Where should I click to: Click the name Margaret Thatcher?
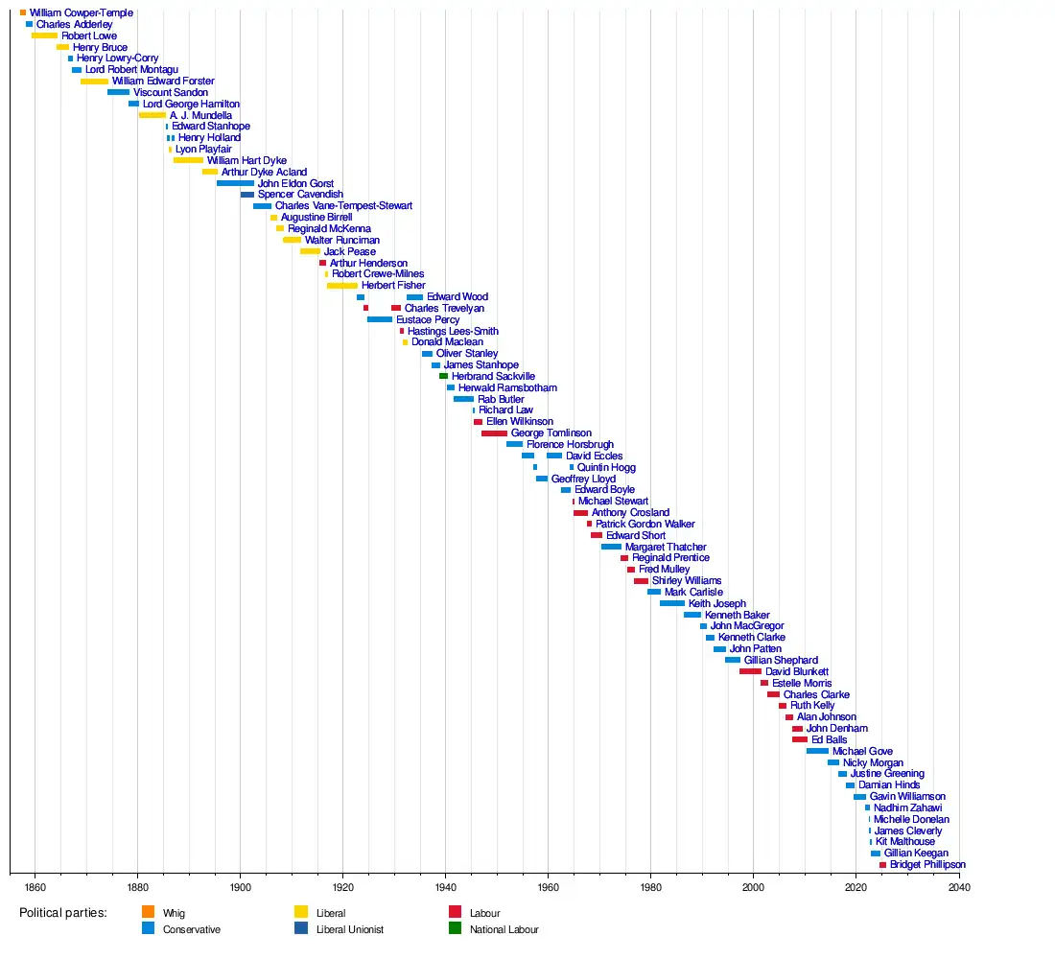(x=666, y=547)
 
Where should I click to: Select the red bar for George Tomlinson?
(x=494, y=433)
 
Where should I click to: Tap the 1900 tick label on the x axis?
(x=240, y=887)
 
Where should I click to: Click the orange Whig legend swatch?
(x=147, y=912)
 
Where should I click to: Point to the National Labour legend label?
(x=504, y=929)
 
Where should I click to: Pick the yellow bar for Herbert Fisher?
(x=341, y=286)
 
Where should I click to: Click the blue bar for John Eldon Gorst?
(x=235, y=183)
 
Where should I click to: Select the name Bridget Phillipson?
(x=927, y=865)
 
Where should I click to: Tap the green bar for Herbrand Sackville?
(x=443, y=377)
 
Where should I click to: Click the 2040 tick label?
(x=959, y=887)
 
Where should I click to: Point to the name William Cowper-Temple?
(x=82, y=13)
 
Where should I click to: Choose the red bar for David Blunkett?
(x=750, y=671)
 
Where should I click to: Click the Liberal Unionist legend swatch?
(x=300, y=928)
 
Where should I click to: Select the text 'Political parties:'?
(x=63, y=913)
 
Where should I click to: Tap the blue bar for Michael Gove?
(x=817, y=751)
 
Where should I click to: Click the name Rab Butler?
(x=501, y=399)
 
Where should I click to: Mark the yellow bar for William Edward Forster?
(x=94, y=82)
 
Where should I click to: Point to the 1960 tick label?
(x=548, y=887)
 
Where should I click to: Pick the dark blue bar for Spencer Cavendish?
(x=247, y=195)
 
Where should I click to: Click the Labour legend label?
(x=484, y=913)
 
